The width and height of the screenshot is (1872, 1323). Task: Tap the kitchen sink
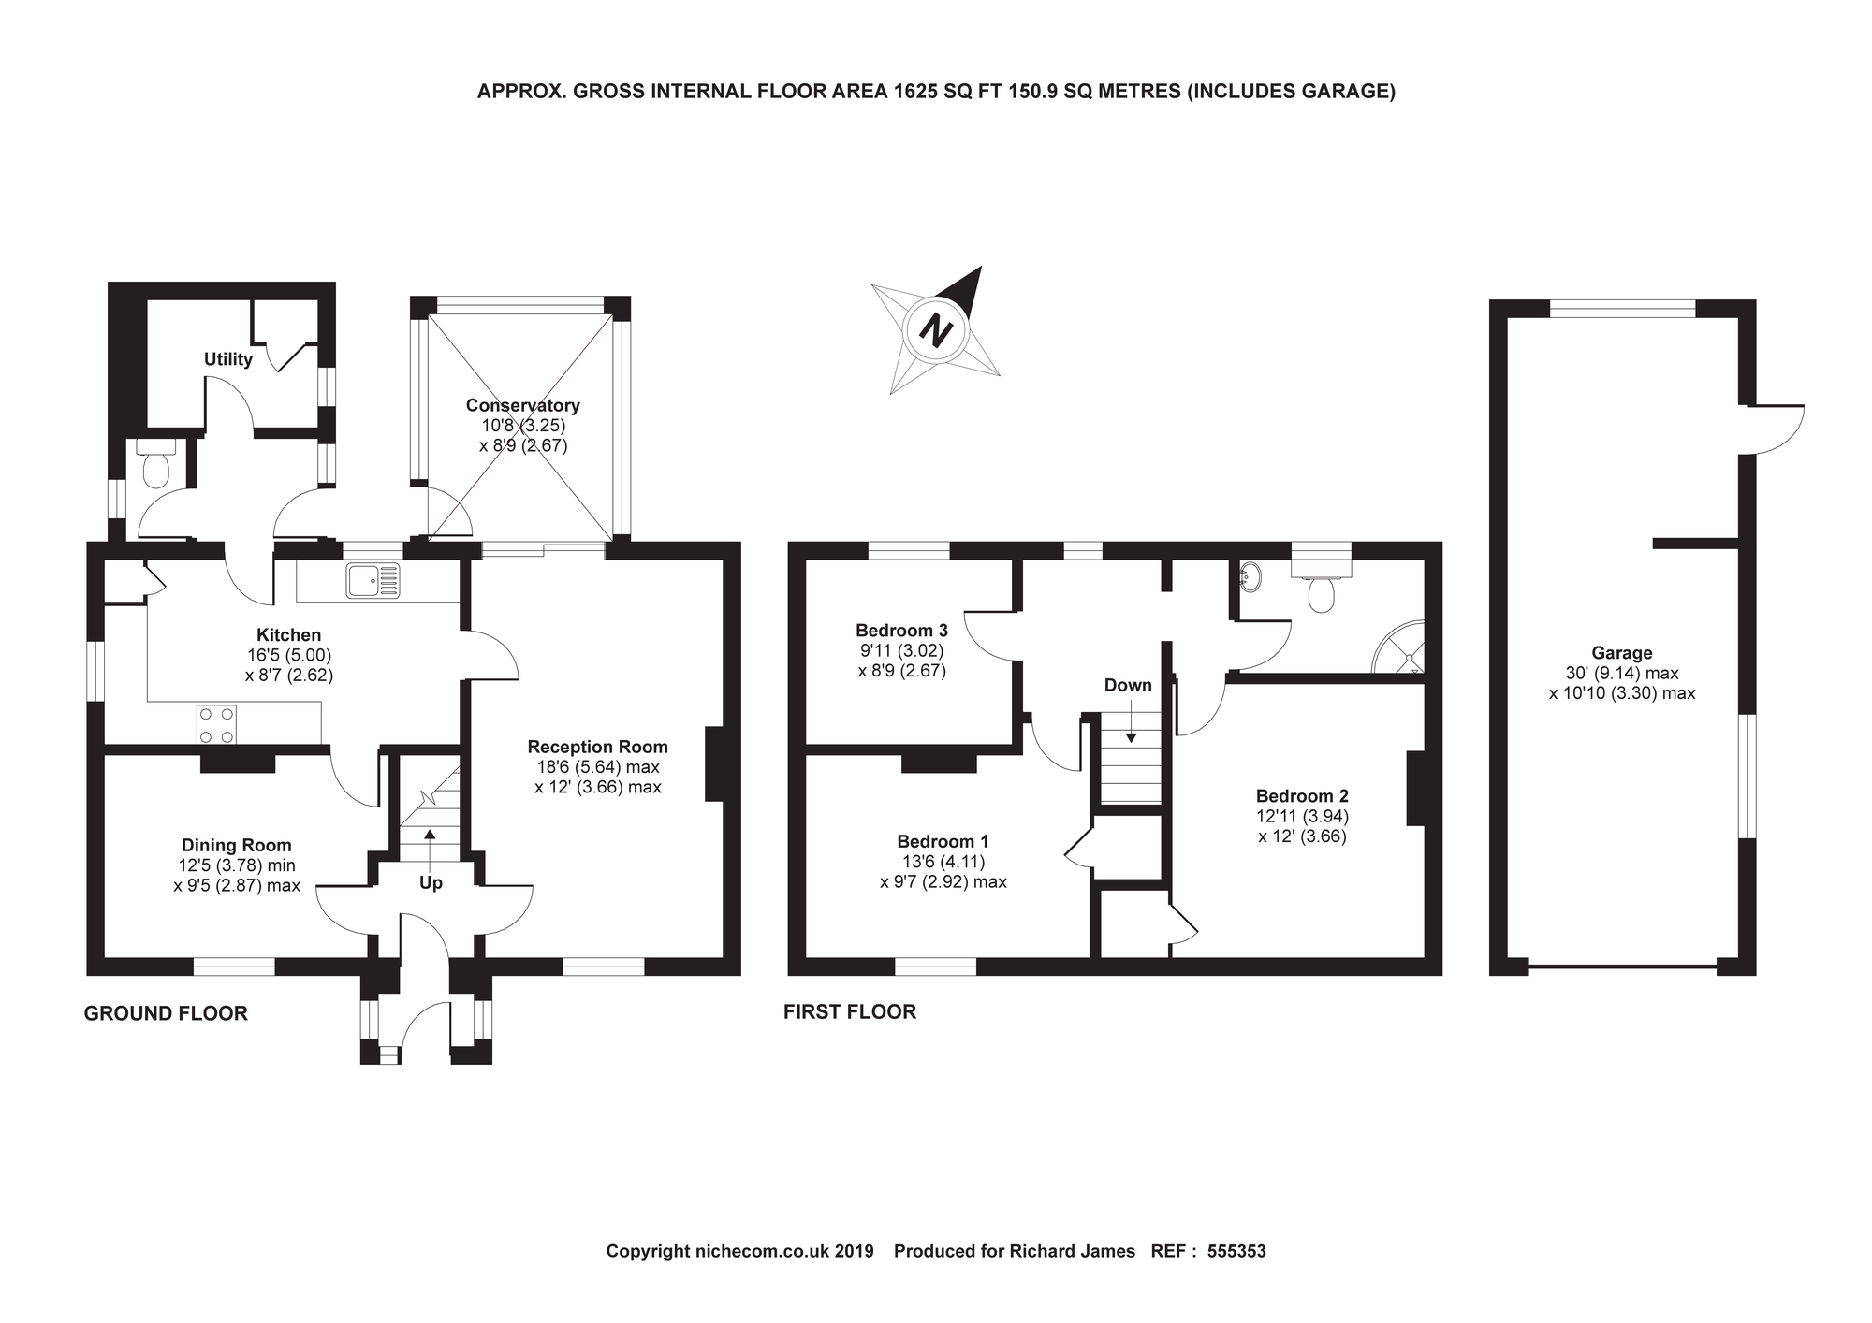(x=373, y=580)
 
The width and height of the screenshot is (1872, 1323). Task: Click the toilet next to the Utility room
(x=156, y=465)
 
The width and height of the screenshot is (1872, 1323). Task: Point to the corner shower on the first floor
(x=1398, y=647)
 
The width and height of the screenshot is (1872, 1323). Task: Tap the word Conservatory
(x=522, y=405)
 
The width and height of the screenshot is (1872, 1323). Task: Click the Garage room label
(x=1622, y=653)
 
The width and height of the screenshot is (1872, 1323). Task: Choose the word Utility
(x=228, y=359)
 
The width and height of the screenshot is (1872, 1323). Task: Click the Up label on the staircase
(x=431, y=883)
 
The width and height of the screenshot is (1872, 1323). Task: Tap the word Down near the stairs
(x=1128, y=685)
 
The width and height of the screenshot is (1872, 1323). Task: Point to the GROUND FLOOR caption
(x=166, y=1013)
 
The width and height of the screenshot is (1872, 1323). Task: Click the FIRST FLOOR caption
(x=850, y=1011)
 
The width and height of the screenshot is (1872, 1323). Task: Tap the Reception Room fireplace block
(x=714, y=763)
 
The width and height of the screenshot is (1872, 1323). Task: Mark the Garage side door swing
(x=1772, y=429)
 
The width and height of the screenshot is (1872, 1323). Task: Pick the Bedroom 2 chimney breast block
(x=1416, y=788)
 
